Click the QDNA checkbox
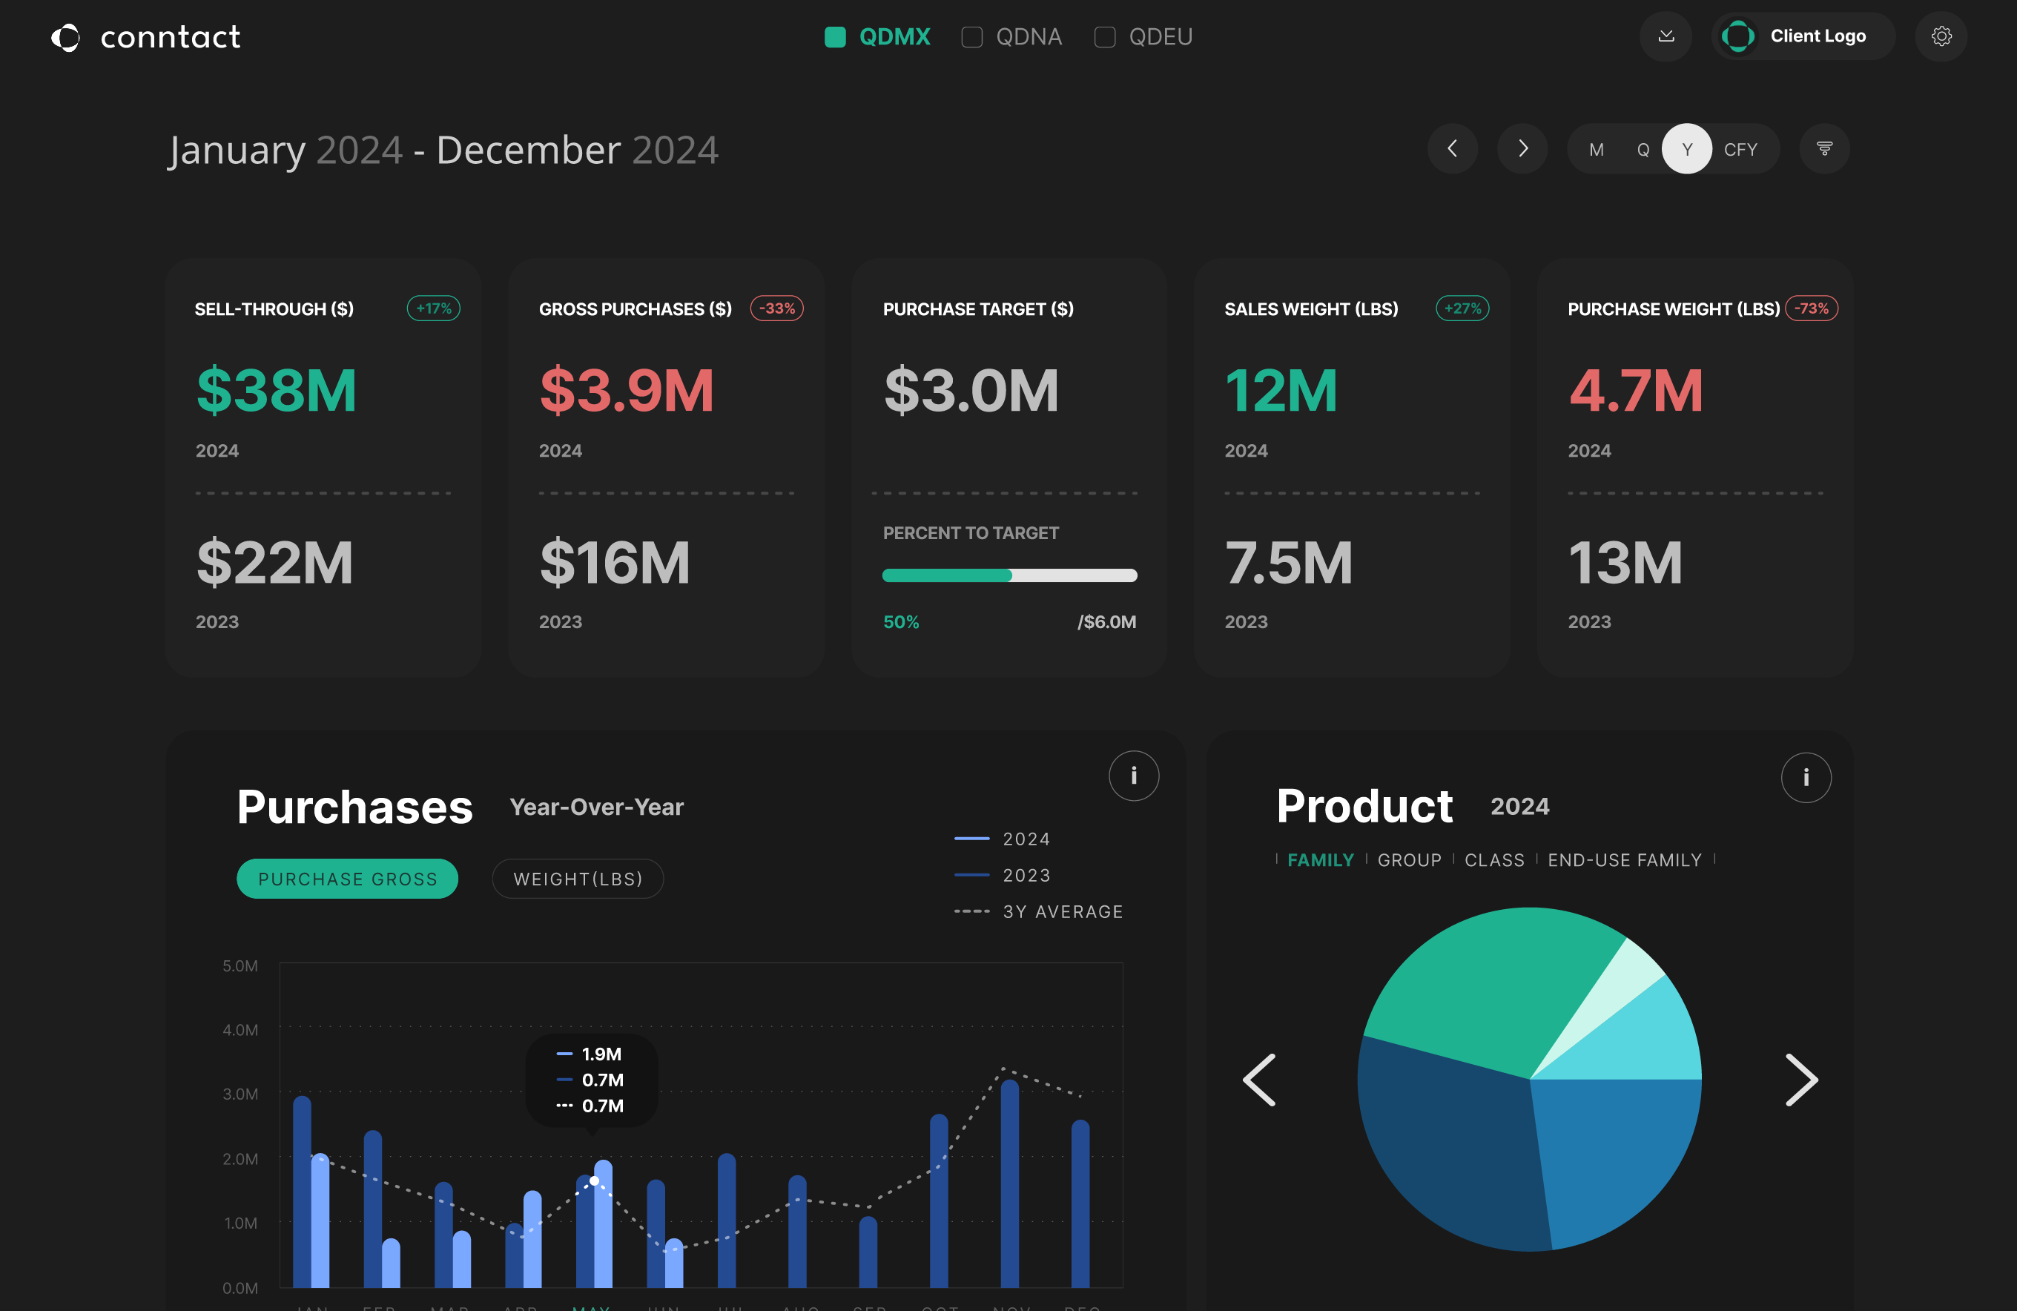[971, 37]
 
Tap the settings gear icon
[1941, 36]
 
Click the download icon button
[1666, 36]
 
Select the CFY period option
[1740, 150]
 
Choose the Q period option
[1643, 150]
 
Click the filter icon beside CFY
[1823, 149]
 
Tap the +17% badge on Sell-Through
[433, 308]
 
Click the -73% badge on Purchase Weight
[1811, 308]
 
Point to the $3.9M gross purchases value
[627, 391]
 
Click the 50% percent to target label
[901, 622]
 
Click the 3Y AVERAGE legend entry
[1062, 912]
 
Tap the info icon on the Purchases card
[1133, 776]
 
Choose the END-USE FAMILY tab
[1624, 860]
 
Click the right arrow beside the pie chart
[1801, 1080]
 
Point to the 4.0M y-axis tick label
[240, 1030]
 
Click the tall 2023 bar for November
[1009, 1186]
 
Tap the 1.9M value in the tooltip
[601, 1054]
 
